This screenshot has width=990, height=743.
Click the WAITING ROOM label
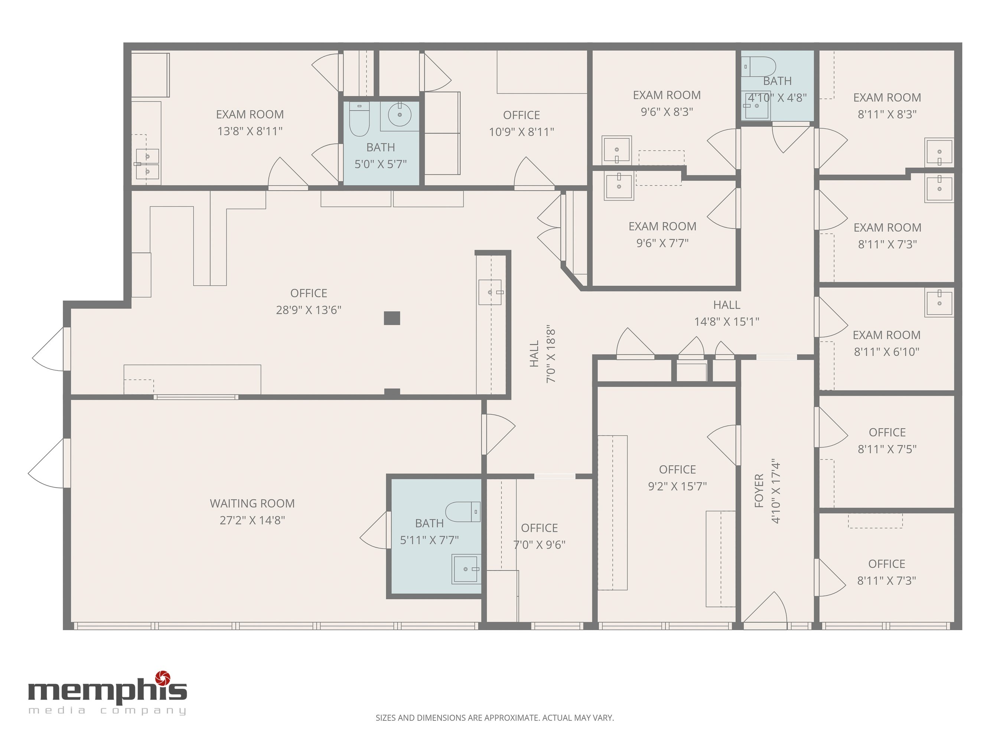(252, 503)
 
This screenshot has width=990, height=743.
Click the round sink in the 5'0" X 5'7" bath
(399, 115)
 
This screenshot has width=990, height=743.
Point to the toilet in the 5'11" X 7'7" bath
(463, 512)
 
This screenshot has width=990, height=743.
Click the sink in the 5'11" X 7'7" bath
(466, 569)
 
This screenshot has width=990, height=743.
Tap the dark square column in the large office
(392, 318)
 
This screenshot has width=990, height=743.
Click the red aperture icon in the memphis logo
(163, 678)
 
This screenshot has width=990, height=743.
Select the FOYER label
(759, 490)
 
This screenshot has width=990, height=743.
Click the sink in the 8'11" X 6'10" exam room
(939, 303)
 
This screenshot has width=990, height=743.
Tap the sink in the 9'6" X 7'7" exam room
(619, 185)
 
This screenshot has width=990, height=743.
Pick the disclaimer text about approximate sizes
(495, 718)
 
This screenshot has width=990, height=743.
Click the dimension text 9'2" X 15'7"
(677, 486)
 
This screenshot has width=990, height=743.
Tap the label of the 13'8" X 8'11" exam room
(250, 115)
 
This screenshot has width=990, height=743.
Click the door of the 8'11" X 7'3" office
(830, 578)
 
